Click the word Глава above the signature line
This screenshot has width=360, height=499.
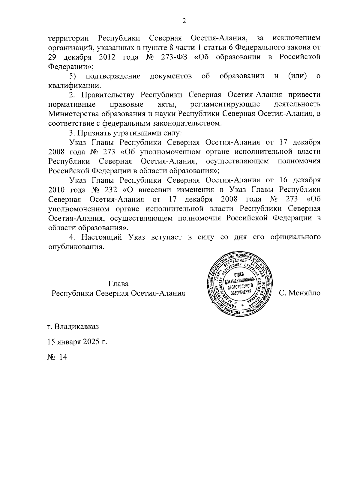click(x=118, y=284)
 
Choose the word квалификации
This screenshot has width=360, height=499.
click(x=72, y=85)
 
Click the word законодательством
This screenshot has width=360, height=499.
click(x=184, y=123)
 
